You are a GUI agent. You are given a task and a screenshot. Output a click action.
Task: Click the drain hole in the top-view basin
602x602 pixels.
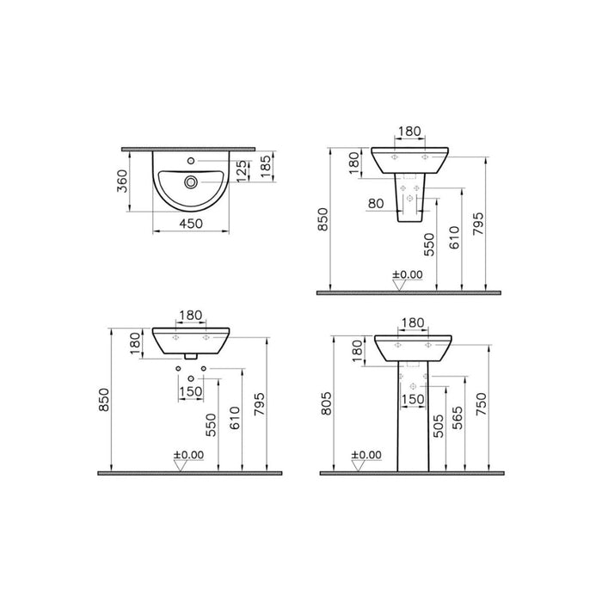click(190, 181)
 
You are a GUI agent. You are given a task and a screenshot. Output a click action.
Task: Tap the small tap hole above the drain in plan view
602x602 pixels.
click(190, 161)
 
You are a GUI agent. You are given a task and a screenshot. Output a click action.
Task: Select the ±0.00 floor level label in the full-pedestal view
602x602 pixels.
click(367, 455)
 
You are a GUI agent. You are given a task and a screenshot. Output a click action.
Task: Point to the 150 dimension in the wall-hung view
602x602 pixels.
click(190, 391)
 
